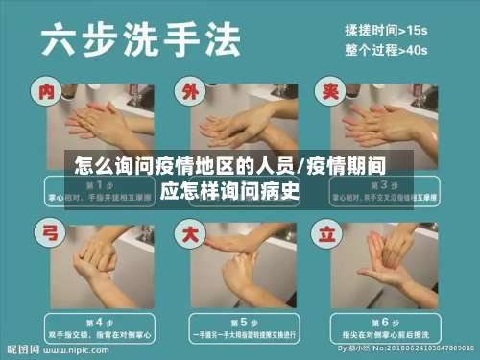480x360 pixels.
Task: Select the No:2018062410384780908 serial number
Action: point(423,349)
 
